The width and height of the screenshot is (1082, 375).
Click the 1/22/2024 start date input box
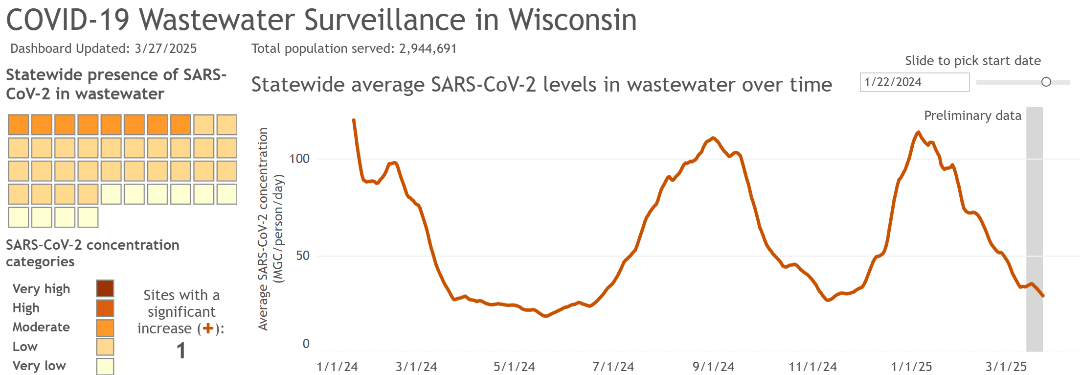[x=914, y=82]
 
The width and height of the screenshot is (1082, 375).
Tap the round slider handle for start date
[x=1046, y=82]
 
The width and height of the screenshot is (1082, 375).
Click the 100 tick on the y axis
[x=299, y=159]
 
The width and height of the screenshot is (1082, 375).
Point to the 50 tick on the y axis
[x=303, y=256]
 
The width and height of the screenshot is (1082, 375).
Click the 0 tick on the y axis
[x=306, y=344]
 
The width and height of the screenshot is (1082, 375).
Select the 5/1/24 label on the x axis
[x=514, y=366]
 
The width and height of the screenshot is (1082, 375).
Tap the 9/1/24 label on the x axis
[x=713, y=366]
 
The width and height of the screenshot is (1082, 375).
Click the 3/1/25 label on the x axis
[x=1006, y=366]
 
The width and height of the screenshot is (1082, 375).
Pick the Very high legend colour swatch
[x=105, y=288]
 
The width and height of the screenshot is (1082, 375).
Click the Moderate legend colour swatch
[x=105, y=328]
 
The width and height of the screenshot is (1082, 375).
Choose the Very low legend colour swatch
[x=105, y=366]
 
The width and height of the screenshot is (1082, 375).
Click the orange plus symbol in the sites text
[x=208, y=328]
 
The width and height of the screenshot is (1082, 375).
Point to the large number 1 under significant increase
[x=181, y=351]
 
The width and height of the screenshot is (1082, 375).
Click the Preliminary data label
[x=972, y=116]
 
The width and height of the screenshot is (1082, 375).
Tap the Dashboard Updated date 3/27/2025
[x=165, y=48]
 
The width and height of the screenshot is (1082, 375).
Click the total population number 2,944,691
[x=428, y=48]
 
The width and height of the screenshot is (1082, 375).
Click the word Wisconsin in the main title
[x=572, y=20]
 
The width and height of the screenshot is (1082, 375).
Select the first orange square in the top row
[x=19, y=125]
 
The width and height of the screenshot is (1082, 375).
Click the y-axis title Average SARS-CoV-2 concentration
[x=263, y=229]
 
